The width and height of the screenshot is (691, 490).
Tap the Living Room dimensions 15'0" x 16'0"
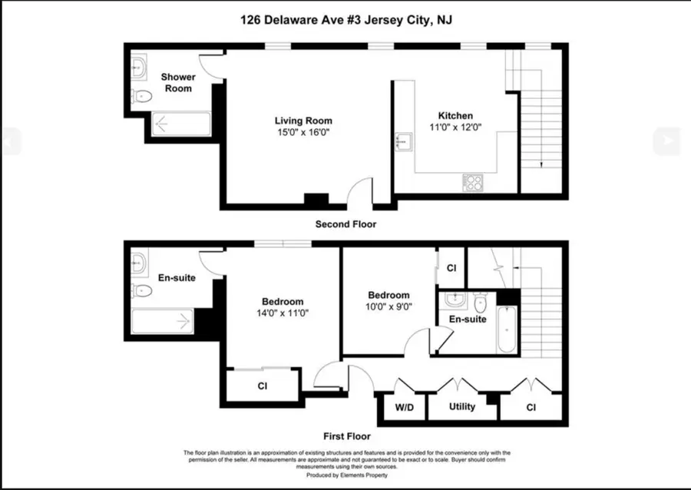pyautogui.click(x=303, y=133)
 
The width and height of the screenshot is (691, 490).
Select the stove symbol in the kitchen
pyautogui.click(x=472, y=182)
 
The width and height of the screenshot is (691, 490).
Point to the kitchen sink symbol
pyautogui.click(x=404, y=142)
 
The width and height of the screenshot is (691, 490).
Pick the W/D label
pyautogui.click(x=404, y=407)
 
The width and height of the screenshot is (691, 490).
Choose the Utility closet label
pyautogui.click(x=462, y=407)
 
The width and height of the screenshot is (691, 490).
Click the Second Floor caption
pyautogui.click(x=345, y=224)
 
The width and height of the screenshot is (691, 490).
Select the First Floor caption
pyautogui.click(x=348, y=435)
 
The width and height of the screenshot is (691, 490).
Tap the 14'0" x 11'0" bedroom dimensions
pyautogui.click(x=282, y=313)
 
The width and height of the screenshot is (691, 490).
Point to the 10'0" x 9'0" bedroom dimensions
pyautogui.click(x=388, y=306)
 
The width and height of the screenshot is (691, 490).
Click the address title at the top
pyautogui.click(x=345, y=20)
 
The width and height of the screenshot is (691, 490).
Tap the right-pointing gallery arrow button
pyautogui.click(x=666, y=141)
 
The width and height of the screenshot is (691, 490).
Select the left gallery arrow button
pyautogui.click(x=10, y=141)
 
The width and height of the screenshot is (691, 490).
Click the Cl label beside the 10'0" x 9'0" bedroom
pyautogui.click(x=451, y=268)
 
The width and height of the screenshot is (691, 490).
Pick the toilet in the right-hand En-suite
pyautogui.click(x=480, y=300)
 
